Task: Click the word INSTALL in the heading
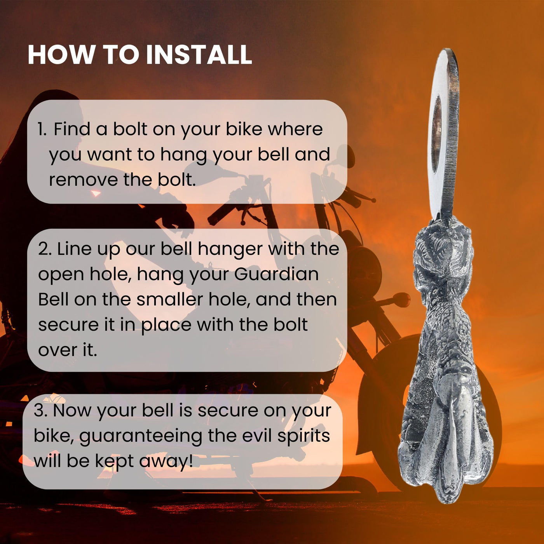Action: tap(199, 55)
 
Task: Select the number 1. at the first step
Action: tap(42, 129)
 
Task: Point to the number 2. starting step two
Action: tap(45, 249)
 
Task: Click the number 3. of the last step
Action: tap(41, 411)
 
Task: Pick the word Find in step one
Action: tap(72, 129)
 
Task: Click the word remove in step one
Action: tap(83, 180)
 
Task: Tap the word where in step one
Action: tap(295, 129)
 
